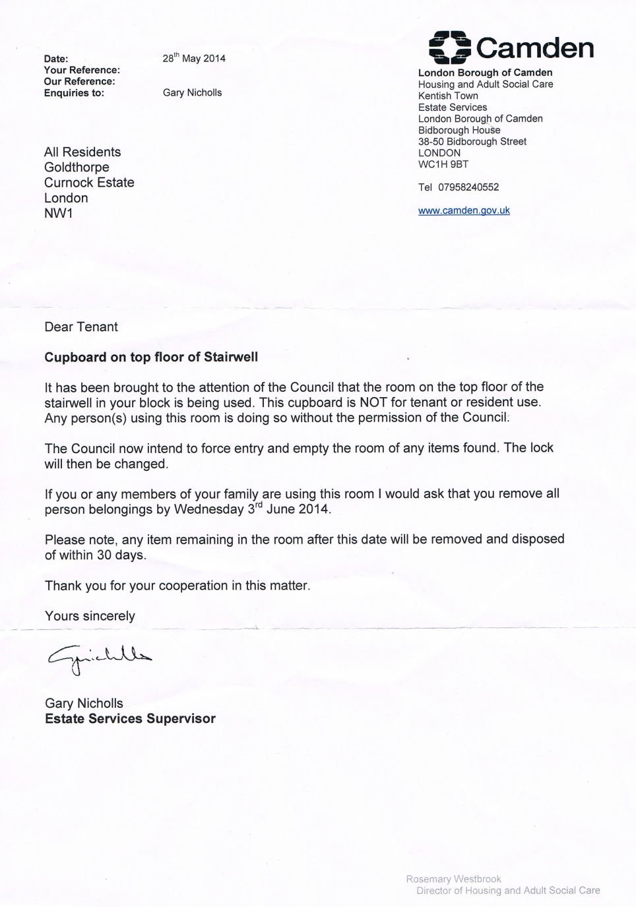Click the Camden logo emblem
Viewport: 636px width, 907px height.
(449, 47)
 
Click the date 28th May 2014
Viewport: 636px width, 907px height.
(194, 58)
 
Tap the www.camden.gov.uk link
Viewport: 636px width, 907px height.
(464, 210)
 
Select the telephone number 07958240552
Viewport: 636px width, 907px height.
(468, 187)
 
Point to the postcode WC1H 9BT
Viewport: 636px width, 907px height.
(443, 164)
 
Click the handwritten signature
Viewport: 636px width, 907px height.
(99, 657)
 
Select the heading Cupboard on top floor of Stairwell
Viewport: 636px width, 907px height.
(151, 357)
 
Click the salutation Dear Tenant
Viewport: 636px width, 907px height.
(81, 327)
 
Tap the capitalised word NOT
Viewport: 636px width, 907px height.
(373, 402)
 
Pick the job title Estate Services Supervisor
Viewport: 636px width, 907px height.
(130, 718)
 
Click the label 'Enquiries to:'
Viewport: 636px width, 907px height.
(74, 93)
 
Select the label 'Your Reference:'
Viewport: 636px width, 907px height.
(82, 70)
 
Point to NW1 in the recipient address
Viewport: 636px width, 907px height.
(59, 213)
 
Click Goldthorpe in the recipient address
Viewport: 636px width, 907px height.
(77, 168)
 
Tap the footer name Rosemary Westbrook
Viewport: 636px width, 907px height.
(453, 879)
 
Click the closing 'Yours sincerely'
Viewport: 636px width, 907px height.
(90, 615)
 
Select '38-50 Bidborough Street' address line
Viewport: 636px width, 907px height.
(472, 141)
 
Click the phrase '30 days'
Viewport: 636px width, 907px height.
(121, 555)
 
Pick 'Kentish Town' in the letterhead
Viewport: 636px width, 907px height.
(448, 96)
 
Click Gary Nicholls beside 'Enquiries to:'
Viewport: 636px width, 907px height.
(192, 92)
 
